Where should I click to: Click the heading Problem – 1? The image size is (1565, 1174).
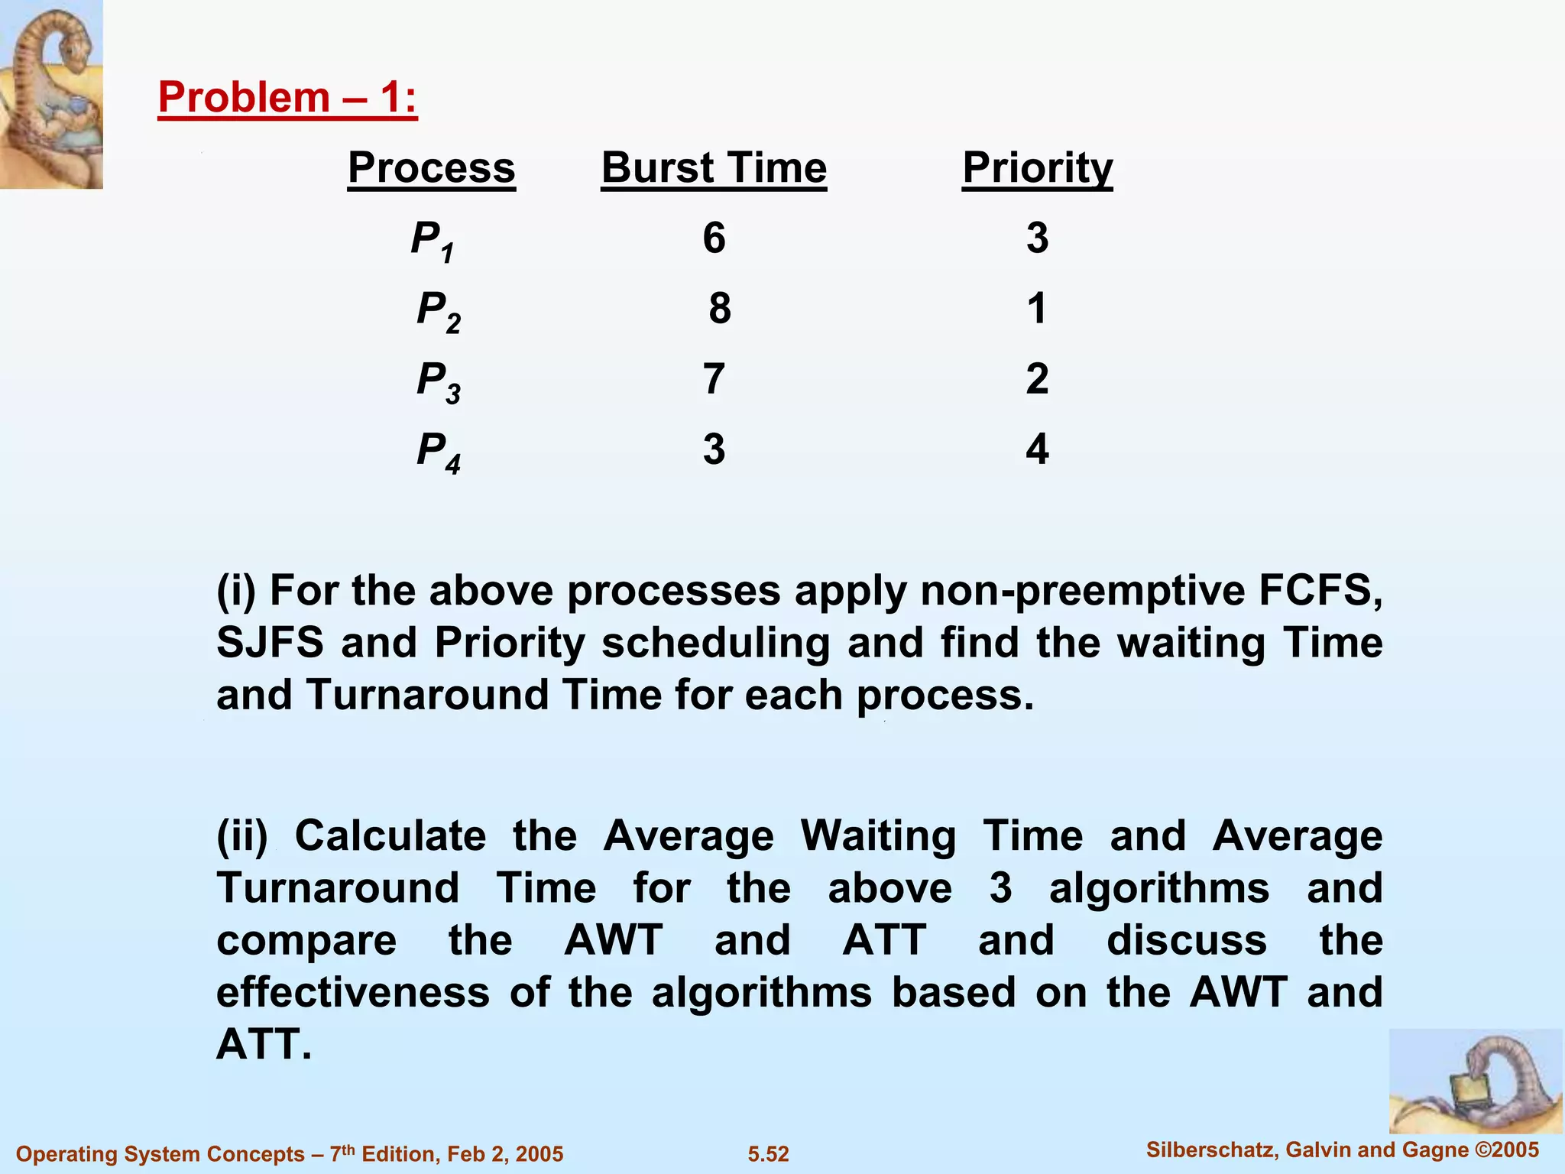tap(287, 98)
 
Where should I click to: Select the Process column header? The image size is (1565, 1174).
tap(431, 167)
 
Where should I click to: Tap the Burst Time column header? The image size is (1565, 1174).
tap(714, 167)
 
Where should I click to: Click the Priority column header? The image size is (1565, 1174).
tap(1037, 167)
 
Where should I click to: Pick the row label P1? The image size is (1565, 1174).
tap(433, 240)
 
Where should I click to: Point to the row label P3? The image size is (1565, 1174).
tap(438, 381)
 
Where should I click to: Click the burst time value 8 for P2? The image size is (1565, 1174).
tap(719, 309)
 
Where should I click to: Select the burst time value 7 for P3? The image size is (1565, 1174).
tap(713, 379)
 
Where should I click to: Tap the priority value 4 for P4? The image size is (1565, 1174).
tap(1037, 449)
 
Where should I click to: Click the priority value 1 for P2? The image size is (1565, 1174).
tap(1036, 309)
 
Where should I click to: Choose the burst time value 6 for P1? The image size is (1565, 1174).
tap(714, 238)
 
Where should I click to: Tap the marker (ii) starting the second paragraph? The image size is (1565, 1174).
tap(242, 836)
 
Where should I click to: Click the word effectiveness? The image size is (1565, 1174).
tap(352, 992)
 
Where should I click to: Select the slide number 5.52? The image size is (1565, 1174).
tap(768, 1154)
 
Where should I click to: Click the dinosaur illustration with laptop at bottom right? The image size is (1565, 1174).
tap(1475, 1081)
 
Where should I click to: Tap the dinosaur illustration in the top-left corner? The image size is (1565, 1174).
tap(51, 94)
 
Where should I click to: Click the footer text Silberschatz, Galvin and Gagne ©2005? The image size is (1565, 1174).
tap(1343, 1150)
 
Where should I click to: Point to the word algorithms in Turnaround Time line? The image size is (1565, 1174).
tap(1158, 888)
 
